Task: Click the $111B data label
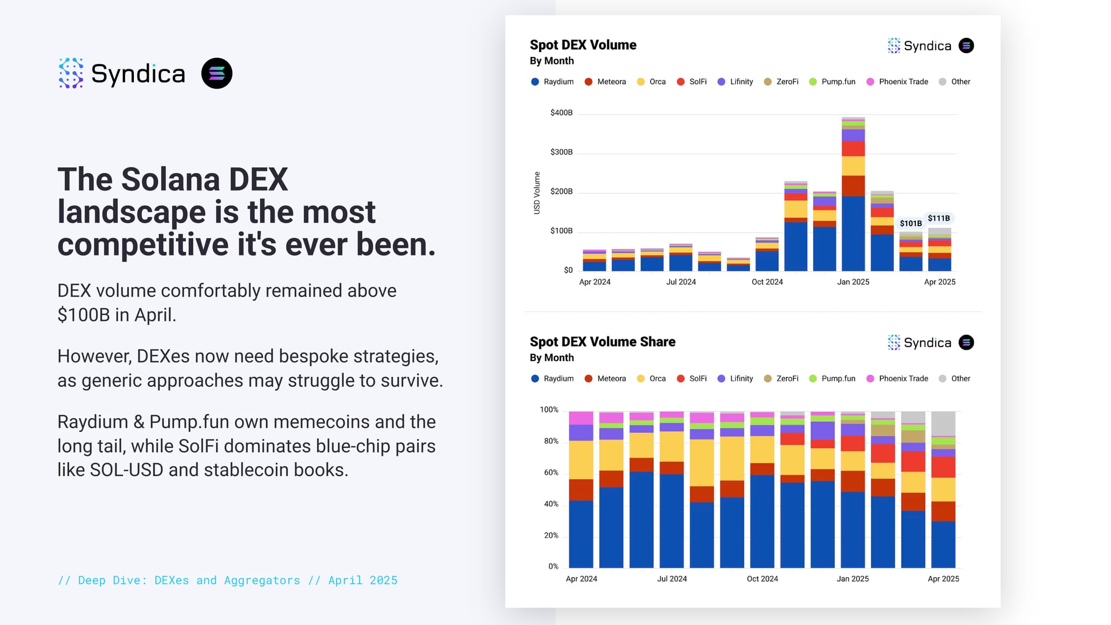939,218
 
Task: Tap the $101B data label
910,223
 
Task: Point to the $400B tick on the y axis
561,113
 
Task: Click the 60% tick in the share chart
551,473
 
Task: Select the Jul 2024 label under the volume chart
680,282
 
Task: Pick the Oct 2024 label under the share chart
762,579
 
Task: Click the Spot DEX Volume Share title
602,342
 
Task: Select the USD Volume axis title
537,193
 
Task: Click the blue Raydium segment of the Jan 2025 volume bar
853,233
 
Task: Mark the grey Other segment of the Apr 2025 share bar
943,423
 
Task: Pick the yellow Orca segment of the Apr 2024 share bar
581,460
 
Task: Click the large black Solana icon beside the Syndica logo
217,73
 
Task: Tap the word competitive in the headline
143,244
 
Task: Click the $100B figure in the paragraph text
84,315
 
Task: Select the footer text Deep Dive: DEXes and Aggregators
189,581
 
